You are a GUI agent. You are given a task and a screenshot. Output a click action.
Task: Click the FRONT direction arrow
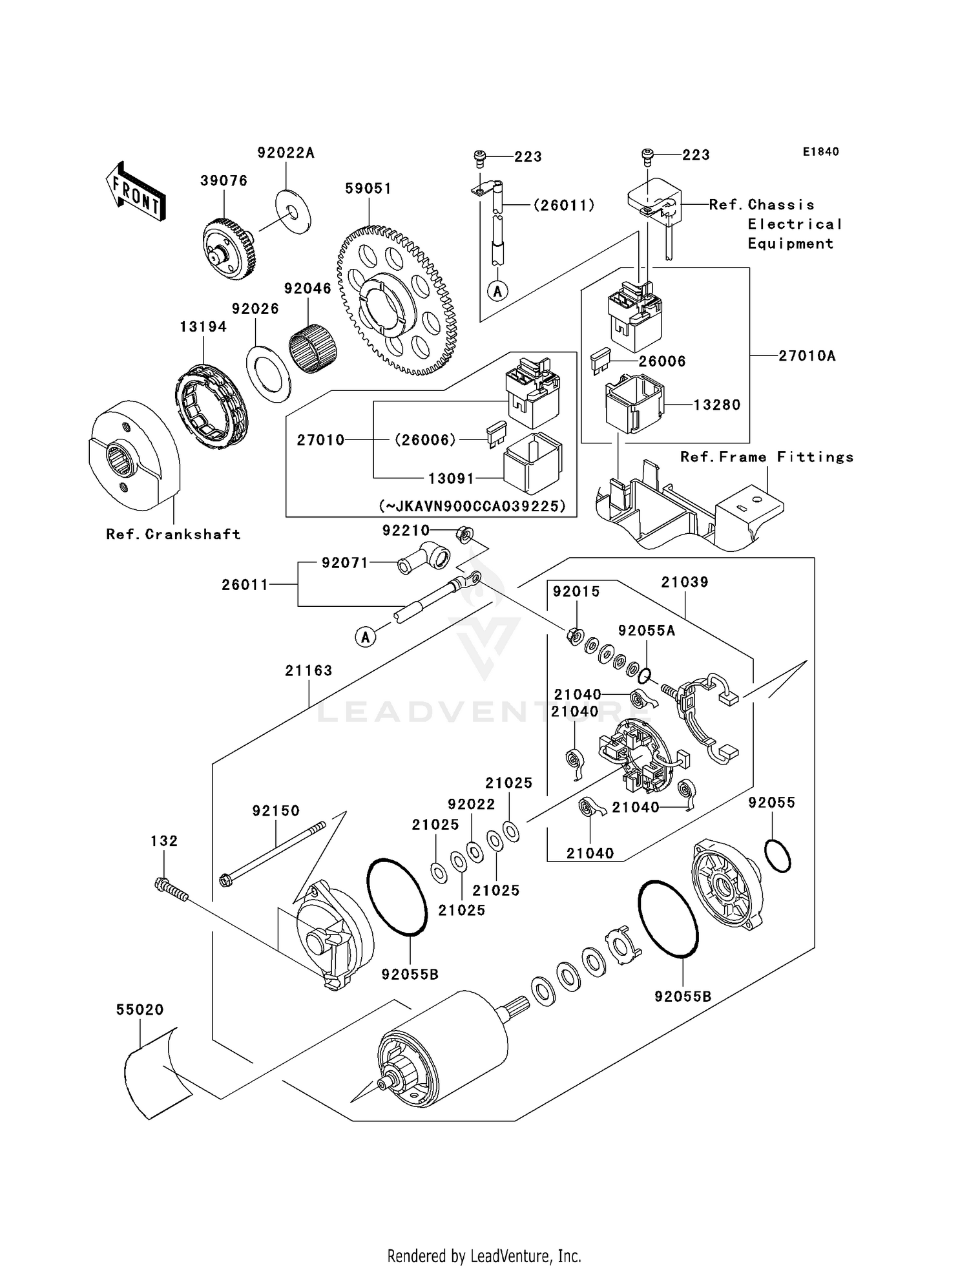(136, 192)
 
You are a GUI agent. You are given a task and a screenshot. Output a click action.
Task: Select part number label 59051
(368, 189)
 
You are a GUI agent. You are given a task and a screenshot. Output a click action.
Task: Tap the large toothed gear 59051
(396, 302)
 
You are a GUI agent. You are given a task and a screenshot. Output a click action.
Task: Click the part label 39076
(224, 181)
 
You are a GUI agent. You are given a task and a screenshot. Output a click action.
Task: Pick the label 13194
(203, 327)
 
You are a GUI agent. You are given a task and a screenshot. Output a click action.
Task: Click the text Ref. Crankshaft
(173, 534)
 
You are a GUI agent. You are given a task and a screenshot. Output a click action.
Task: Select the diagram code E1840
(820, 152)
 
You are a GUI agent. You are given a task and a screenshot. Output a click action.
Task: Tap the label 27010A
(806, 356)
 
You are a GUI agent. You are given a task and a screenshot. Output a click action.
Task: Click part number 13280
(717, 405)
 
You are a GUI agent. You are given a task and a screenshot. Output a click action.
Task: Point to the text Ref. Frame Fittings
(767, 458)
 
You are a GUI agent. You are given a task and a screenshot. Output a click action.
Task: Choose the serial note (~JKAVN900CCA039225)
(472, 507)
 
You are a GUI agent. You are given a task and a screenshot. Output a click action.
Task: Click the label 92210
(406, 531)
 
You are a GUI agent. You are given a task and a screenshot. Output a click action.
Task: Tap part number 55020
(140, 1010)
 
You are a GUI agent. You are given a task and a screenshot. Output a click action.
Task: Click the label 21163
(309, 671)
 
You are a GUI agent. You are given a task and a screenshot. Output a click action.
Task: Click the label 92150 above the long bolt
(276, 811)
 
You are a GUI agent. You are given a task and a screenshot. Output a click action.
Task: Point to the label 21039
(685, 582)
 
